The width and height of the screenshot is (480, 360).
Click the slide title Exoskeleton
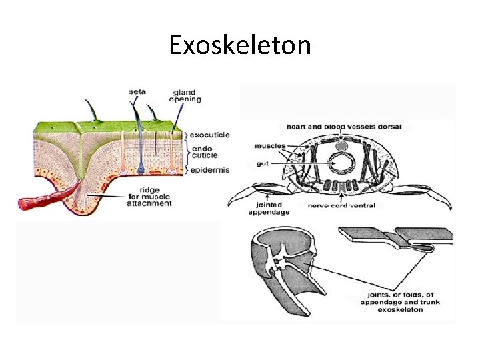tap(239, 45)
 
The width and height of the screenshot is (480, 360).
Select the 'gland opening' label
tap(186, 95)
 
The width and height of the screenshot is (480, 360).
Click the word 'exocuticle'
tap(209, 135)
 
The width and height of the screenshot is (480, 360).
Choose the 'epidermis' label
tap(210, 170)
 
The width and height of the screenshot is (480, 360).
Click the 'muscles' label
tap(270, 145)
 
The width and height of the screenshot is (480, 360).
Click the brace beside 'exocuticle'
tap(189, 135)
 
